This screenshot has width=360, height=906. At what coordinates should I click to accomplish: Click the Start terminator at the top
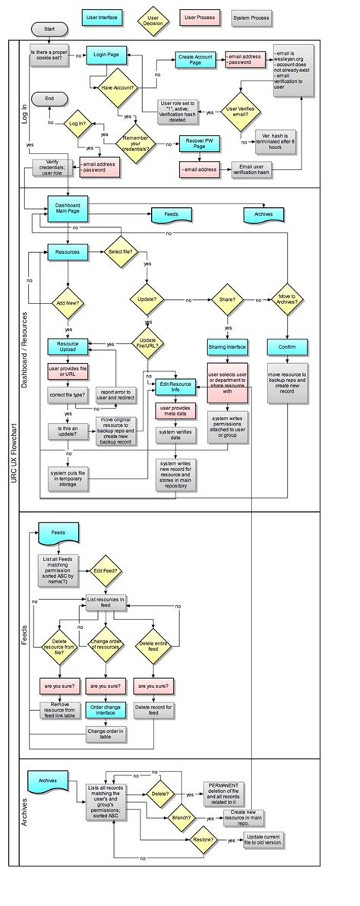tap(50, 30)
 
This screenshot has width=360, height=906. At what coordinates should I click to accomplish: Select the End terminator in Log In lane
tap(50, 99)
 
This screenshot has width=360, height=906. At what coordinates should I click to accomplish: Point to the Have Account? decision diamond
tap(117, 88)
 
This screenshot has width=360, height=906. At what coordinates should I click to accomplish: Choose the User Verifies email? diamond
tap(242, 112)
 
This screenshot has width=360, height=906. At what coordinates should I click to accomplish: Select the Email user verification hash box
tap(254, 169)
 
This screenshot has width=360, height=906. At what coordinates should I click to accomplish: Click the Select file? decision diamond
tap(121, 251)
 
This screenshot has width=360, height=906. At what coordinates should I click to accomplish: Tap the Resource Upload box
tap(68, 347)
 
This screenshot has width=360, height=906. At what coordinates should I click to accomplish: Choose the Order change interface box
tap(106, 710)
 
